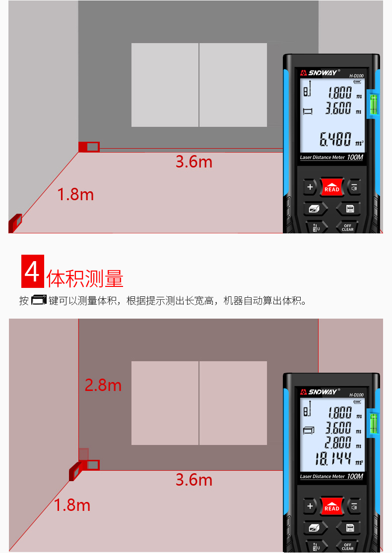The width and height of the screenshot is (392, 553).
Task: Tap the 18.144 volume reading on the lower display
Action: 333,459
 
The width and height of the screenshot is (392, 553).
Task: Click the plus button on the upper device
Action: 311,187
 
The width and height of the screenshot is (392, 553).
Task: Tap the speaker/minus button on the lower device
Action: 354,506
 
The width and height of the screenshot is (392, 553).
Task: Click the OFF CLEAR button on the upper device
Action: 347,227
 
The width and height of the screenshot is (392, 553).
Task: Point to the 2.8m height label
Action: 103,385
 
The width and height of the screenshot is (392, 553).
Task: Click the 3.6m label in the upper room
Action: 194,162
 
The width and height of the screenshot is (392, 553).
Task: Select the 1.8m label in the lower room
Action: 72,505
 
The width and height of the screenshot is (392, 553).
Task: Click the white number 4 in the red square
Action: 32,272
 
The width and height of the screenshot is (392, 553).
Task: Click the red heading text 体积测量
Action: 85,279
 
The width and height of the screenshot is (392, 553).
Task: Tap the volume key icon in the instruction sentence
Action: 39,300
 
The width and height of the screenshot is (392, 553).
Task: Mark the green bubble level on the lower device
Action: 373,423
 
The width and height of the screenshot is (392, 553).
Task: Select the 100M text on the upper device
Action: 355,158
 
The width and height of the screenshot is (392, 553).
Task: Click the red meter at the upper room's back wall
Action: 89,147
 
